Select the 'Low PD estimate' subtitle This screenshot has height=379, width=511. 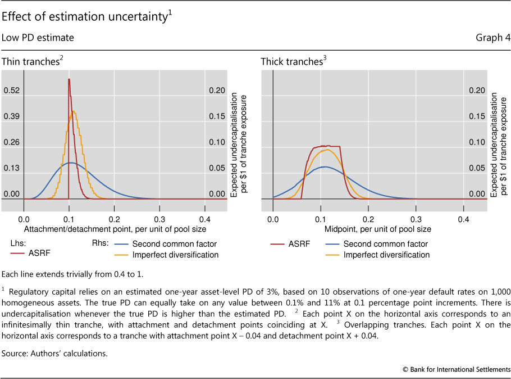click(38, 38)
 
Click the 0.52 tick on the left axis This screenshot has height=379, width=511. click(12, 91)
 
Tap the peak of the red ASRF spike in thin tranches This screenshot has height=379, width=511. click(69, 79)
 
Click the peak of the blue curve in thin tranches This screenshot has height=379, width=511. click(70, 163)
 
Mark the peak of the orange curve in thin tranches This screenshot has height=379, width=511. click(73, 111)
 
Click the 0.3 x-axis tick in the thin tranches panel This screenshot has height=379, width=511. click(159, 219)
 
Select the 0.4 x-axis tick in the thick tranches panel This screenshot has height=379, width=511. click(464, 219)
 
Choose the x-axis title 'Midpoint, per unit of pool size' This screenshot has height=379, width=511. click(377, 229)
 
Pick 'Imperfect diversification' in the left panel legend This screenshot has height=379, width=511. click(175, 255)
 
